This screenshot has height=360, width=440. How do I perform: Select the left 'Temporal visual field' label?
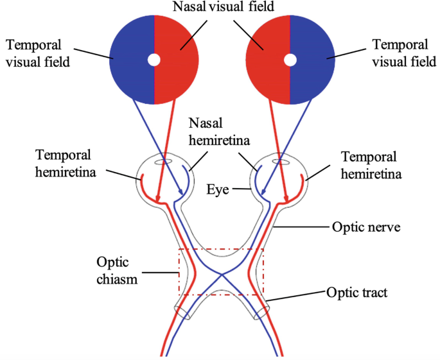point(42,53)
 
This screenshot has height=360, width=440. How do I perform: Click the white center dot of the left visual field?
point(154,60)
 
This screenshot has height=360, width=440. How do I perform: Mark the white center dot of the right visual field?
point(290,60)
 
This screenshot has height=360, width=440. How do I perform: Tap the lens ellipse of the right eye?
point(281,161)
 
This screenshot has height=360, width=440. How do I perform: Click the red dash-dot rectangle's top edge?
point(222,249)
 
